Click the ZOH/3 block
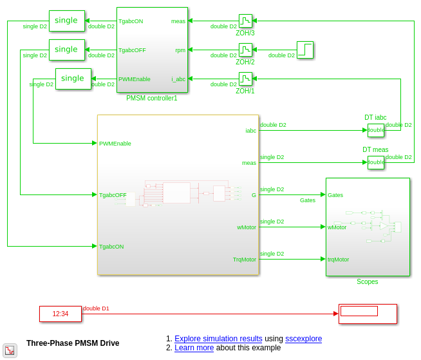coord(245,21)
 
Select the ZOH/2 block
coord(245,50)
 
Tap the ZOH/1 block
coord(245,79)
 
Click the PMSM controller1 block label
coord(151,99)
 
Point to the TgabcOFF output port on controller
coord(132,50)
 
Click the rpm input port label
coord(180,50)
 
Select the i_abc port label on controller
coord(178,79)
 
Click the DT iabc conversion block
coord(376,130)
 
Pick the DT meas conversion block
coord(376,162)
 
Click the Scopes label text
coord(368,282)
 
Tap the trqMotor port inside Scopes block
coord(338,260)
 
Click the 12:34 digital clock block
coord(61,314)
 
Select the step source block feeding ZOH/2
coord(305,50)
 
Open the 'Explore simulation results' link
coord(218,339)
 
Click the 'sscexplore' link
coord(303,339)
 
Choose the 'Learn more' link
coord(194,348)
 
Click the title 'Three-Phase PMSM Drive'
coord(73,343)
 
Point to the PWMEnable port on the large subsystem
coord(115,144)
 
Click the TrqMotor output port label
coord(245,260)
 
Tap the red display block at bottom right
coord(368,314)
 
